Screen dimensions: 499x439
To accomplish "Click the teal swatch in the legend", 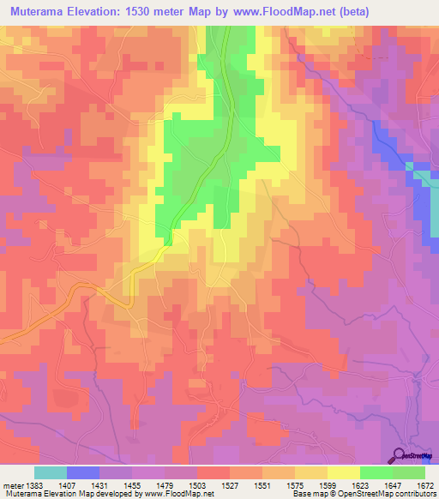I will click(51, 472).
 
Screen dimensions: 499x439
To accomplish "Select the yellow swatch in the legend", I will click(343, 472).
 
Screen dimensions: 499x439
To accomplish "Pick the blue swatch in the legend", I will click(83, 472).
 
